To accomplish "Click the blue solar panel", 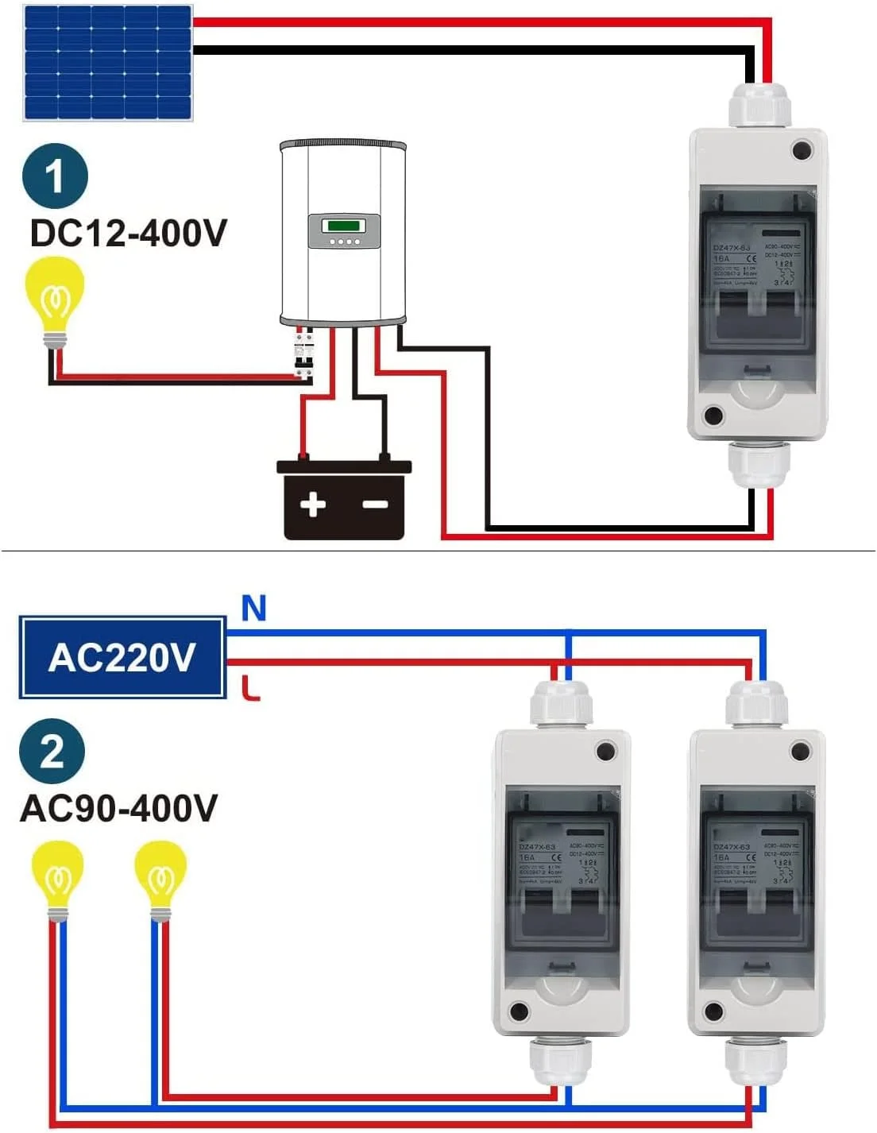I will coord(108,63).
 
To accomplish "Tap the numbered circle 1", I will coord(54,176).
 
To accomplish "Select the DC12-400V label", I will coord(129,233).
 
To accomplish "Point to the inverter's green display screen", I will coord(344,225).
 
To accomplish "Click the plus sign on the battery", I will coord(312,504).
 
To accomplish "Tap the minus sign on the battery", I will coord(375,504).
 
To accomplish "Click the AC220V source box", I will coord(122,657).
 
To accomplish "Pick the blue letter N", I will coord(253,609).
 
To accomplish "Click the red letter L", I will coord(251,687).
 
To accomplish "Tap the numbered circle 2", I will coord(52,751).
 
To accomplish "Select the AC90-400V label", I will coord(118,808).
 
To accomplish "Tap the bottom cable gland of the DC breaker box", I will coord(759,465).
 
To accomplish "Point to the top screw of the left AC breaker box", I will coord(606,751).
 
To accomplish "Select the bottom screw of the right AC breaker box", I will coord(713,1012).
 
